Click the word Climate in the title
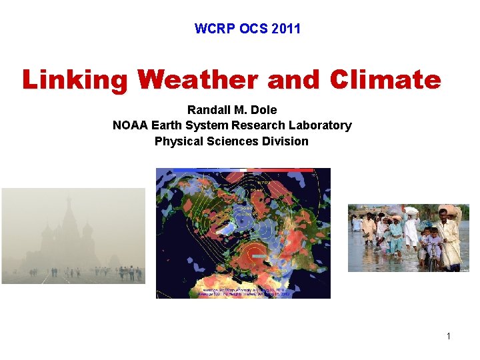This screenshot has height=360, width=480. point(385,80)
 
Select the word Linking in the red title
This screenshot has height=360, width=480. point(75,80)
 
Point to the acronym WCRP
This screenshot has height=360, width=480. point(211,29)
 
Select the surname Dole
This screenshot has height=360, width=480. point(263,109)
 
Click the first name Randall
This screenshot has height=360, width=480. point(209,109)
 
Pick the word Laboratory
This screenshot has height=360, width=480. point(319,125)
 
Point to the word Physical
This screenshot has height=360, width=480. point(179,141)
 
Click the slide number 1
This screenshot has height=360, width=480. point(449,336)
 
